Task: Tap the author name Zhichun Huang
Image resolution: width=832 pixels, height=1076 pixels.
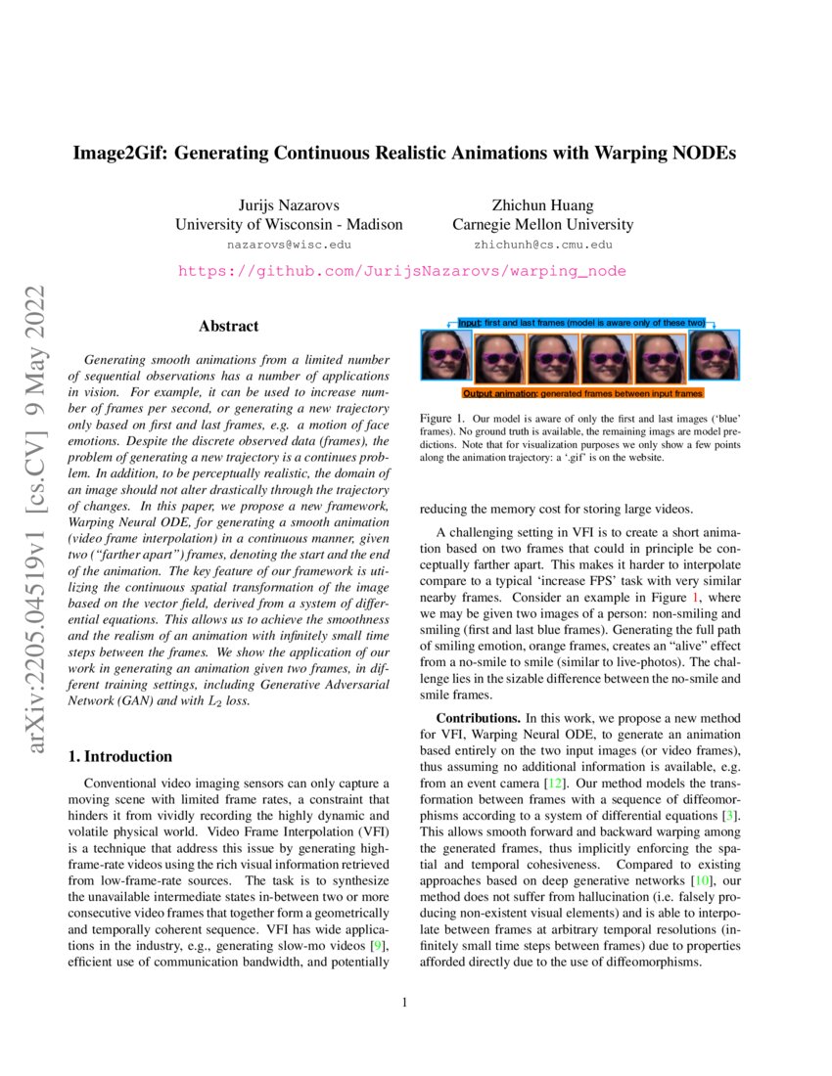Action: pos(542,204)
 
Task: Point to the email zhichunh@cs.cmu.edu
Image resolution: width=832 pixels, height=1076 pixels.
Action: pos(542,245)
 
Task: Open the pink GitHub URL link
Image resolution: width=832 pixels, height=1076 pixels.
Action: pos(401,271)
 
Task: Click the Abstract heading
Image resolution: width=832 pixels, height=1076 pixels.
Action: pos(228,327)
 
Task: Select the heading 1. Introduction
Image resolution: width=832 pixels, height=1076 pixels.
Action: pos(119,756)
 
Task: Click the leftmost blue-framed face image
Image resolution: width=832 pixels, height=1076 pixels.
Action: pos(446,356)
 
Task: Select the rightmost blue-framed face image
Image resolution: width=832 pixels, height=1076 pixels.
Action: pos(714,356)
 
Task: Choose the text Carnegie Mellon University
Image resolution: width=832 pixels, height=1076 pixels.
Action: pos(542,225)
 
